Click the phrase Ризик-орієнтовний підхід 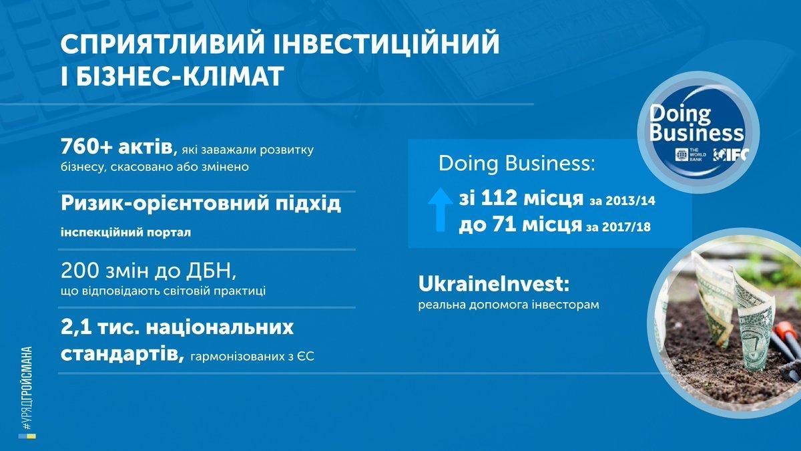(x=201, y=204)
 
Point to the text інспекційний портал (x=126, y=233)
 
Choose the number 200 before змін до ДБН (x=79, y=271)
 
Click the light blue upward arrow (x=440, y=209)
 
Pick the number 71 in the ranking (x=504, y=224)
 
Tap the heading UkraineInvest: (x=493, y=285)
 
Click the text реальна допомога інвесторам (x=509, y=305)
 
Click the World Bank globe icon (x=682, y=154)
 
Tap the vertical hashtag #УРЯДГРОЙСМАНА (x=27, y=388)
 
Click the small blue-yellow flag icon (x=27, y=436)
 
